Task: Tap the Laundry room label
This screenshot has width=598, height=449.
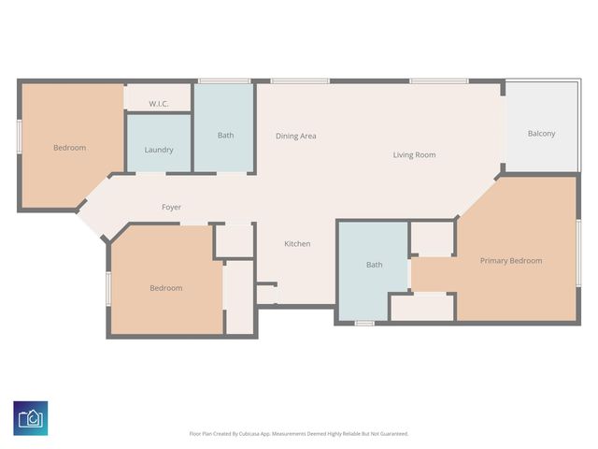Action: [x=159, y=150]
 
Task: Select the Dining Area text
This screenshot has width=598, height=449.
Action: [x=295, y=136]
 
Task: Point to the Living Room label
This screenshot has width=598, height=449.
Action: [x=414, y=154]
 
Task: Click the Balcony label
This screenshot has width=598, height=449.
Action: [x=541, y=134]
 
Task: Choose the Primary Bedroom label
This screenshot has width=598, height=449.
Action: [x=511, y=260]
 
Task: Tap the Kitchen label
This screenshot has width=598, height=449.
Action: [x=297, y=244]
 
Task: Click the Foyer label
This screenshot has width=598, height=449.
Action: [x=171, y=207]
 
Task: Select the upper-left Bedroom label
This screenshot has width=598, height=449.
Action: [x=69, y=148]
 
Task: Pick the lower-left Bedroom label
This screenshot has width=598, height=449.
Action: [x=166, y=288]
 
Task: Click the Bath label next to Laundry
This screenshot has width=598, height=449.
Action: [x=225, y=135]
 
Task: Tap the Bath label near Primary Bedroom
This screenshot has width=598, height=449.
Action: [x=374, y=265]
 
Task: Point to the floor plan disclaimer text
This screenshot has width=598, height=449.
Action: [x=299, y=433]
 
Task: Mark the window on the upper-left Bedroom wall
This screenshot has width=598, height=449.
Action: [x=19, y=136]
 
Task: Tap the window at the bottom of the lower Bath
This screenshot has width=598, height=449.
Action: [x=364, y=324]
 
